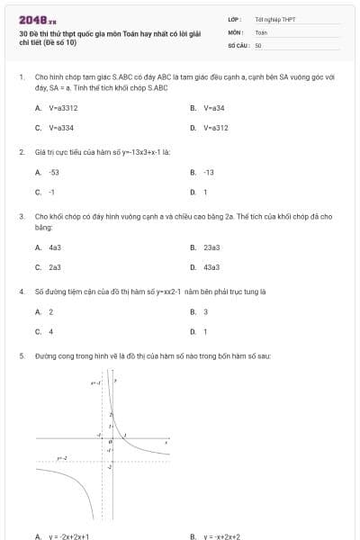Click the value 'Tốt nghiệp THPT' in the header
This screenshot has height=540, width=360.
(274, 18)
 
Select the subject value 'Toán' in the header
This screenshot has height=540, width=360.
(261, 31)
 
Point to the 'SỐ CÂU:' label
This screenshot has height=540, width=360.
(238, 44)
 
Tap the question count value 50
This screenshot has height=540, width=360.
(258, 44)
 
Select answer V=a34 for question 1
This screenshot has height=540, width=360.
(214, 107)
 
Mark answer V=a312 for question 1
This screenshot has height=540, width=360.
(216, 128)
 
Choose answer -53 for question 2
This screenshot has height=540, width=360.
(54, 171)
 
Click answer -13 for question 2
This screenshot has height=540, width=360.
(209, 171)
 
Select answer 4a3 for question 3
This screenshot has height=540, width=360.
(55, 247)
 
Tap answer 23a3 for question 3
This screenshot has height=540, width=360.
(211, 247)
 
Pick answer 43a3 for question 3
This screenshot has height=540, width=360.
(211, 267)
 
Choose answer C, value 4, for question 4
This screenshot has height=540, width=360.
(51, 331)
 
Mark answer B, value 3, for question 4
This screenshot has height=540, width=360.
(206, 311)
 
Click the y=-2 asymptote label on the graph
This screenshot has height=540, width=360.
(62, 458)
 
